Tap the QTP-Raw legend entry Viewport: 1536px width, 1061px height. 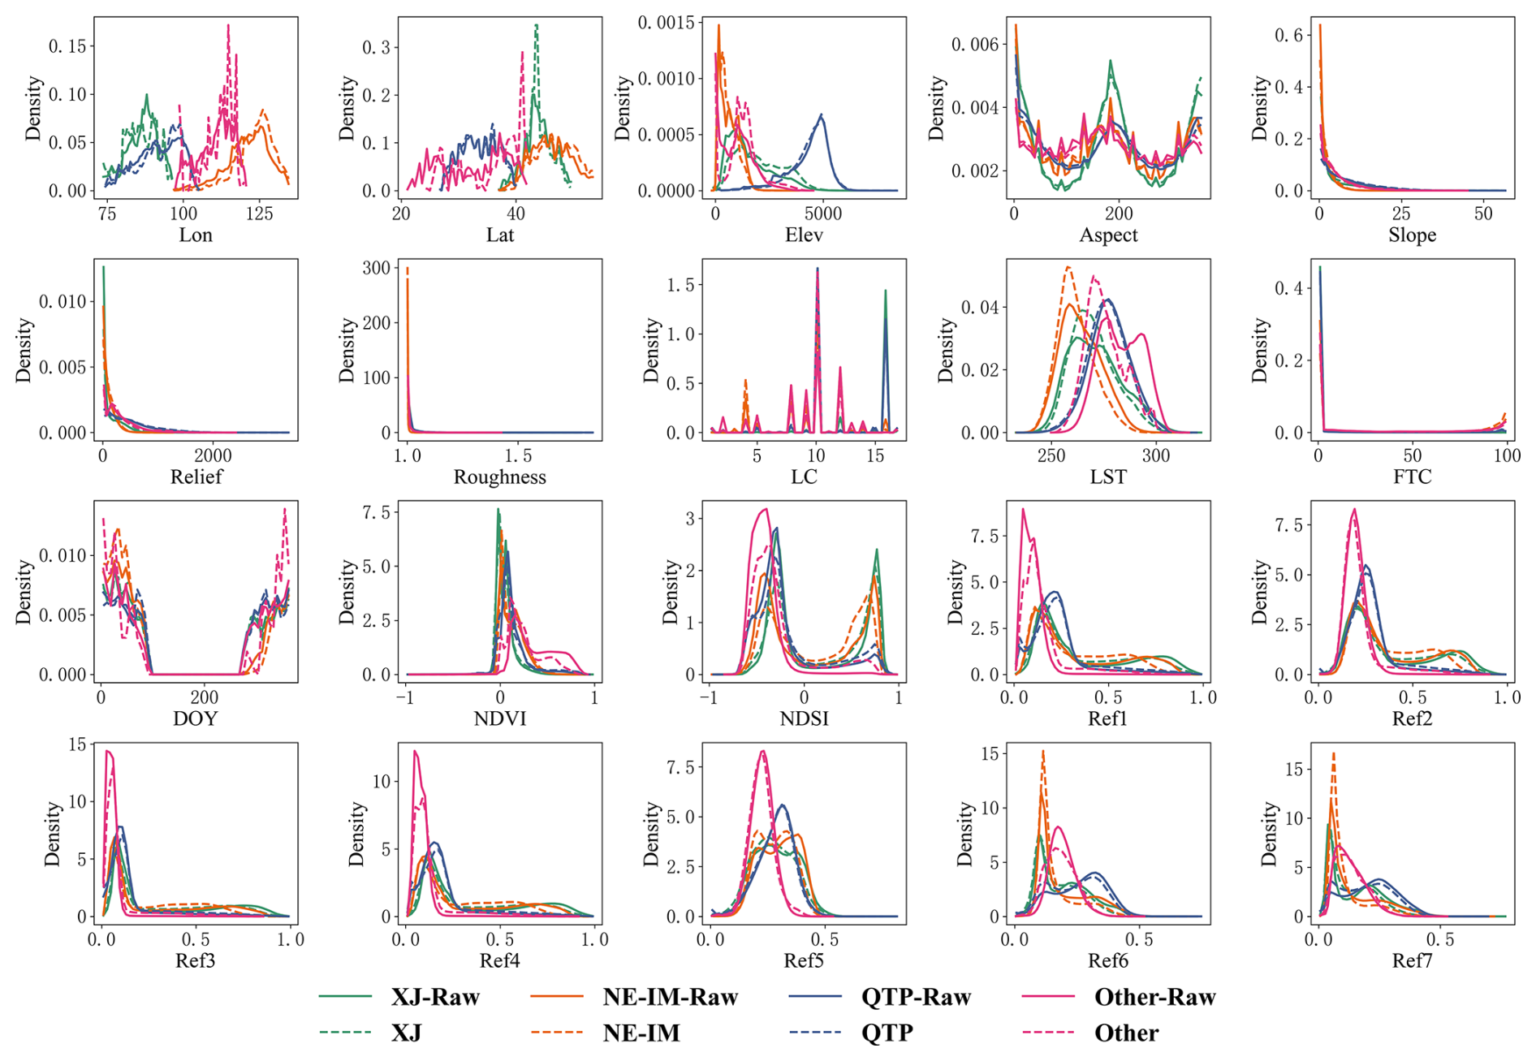[x=916, y=997]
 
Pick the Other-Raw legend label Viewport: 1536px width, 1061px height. [x=1154, y=997]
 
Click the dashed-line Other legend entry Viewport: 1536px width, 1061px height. [x=1126, y=1033]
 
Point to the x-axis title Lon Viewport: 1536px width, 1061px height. [x=196, y=235]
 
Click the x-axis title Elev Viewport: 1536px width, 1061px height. [x=804, y=235]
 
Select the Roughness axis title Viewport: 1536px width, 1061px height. [x=499, y=477]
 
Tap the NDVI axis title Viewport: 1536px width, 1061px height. [x=499, y=718]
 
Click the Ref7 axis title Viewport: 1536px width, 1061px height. [x=1412, y=961]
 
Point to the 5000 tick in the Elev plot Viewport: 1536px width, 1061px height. [x=822, y=213]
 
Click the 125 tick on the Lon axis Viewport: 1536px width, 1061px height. [x=260, y=213]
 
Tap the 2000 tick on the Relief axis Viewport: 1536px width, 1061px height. [x=213, y=455]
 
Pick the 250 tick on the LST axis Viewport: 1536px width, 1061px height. [x=1051, y=455]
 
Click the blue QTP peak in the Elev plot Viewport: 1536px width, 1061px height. [x=822, y=115]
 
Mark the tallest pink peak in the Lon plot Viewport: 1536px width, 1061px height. [x=228, y=25]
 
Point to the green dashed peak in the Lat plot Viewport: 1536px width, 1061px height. [x=536, y=25]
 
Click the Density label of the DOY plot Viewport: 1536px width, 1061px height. [x=24, y=592]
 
